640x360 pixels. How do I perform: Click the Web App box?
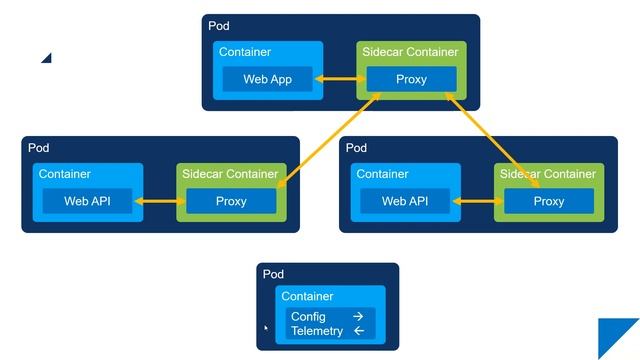[267, 79]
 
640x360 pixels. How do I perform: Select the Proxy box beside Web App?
[411, 79]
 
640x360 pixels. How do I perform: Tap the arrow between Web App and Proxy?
[340, 79]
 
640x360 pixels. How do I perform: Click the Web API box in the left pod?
[87, 201]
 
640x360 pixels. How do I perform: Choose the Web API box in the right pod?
[405, 201]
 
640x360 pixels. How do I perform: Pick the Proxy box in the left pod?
[231, 201]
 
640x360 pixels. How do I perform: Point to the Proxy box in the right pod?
[548, 201]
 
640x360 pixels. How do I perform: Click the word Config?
[308, 316]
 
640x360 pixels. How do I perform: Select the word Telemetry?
[316, 331]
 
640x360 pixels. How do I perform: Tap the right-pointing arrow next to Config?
[358, 316]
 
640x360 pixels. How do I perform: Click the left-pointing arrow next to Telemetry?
[358, 331]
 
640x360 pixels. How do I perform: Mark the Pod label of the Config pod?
[273, 274]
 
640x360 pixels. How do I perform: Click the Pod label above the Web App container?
[218, 25]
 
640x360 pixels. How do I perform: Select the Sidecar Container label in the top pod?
[408, 52]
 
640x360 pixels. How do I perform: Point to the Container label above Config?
[307, 296]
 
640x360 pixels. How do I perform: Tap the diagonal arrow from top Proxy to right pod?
[494, 140]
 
